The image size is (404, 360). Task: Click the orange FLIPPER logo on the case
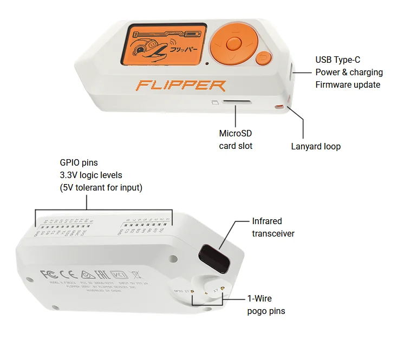(181, 86)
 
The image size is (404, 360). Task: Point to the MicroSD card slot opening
(236, 101)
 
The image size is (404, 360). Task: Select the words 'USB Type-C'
(337, 60)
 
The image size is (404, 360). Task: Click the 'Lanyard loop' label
(316, 146)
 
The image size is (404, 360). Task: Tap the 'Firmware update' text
(348, 84)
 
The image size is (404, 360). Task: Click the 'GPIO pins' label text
(79, 162)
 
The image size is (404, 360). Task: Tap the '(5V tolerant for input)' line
(101, 188)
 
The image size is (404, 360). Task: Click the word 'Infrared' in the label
(267, 221)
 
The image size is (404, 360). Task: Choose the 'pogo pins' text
(266, 311)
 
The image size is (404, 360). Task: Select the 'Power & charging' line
(349, 72)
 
